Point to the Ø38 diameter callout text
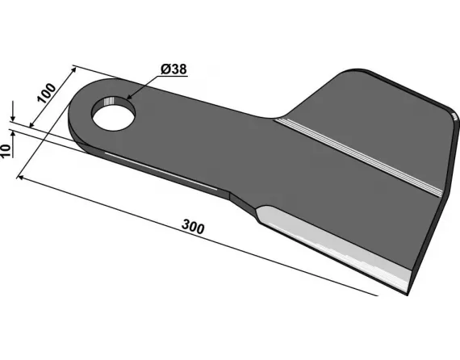174,70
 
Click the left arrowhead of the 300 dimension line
19,179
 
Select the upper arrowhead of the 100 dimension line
73,66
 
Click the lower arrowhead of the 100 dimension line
31,126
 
